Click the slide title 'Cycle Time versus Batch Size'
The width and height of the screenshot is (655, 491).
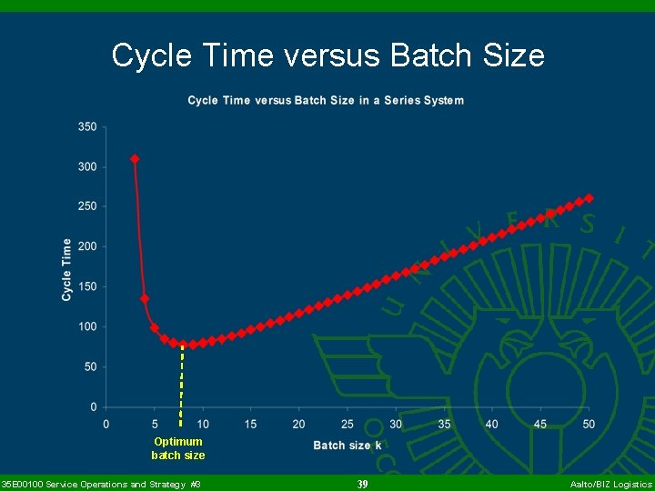click(x=327, y=56)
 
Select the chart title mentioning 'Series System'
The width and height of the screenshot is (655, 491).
click(x=326, y=100)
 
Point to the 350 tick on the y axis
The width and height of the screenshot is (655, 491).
click(x=87, y=127)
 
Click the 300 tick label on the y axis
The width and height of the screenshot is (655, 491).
click(x=87, y=167)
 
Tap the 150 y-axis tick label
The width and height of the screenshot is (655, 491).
click(x=87, y=287)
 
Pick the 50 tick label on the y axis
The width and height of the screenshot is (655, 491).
click(x=90, y=367)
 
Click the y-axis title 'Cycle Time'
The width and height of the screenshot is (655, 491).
click(x=66, y=269)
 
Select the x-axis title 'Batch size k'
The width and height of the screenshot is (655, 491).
click(x=348, y=445)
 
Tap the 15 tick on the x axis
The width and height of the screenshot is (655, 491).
click(x=250, y=424)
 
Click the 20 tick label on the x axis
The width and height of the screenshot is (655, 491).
click(x=298, y=424)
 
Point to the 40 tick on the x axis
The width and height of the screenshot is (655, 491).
click(x=492, y=424)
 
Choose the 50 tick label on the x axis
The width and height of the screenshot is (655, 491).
click(x=589, y=424)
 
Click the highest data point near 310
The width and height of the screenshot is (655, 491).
click(x=135, y=159)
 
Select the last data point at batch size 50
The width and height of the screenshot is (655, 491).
click(x=589, y=197)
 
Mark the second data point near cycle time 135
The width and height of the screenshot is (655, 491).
click(x=145, y=298)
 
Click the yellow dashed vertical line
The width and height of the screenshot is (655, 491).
click(x=182, y=382)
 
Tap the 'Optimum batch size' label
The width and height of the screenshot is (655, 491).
click(x=178, y=448)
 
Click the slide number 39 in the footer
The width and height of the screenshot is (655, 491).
click(x=362, y=485)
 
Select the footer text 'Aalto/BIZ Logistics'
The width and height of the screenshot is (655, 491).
click(x=610, y=485)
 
